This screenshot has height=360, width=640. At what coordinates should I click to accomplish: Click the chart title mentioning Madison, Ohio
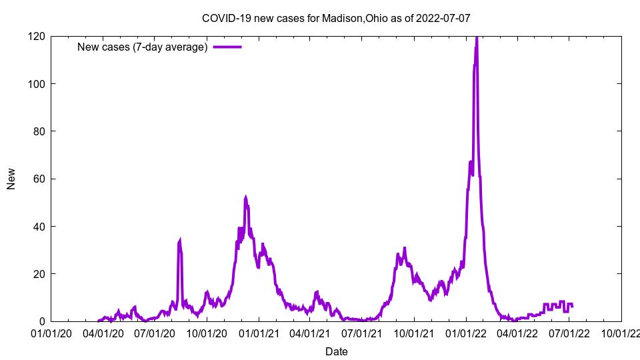[336, 18]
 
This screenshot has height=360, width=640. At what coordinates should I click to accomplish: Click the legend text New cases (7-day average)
[143, 47]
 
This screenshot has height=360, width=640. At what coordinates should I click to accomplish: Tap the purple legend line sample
[227, 47]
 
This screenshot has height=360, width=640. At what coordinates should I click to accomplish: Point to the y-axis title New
[11, 179]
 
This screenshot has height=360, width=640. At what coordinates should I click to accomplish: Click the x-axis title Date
[336, 351]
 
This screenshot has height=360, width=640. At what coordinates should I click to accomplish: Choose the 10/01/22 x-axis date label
[621, 333]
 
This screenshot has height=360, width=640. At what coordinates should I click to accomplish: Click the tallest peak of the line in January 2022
[477, 38]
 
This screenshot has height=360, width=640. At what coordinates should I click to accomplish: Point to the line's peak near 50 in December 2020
[245, 197]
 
